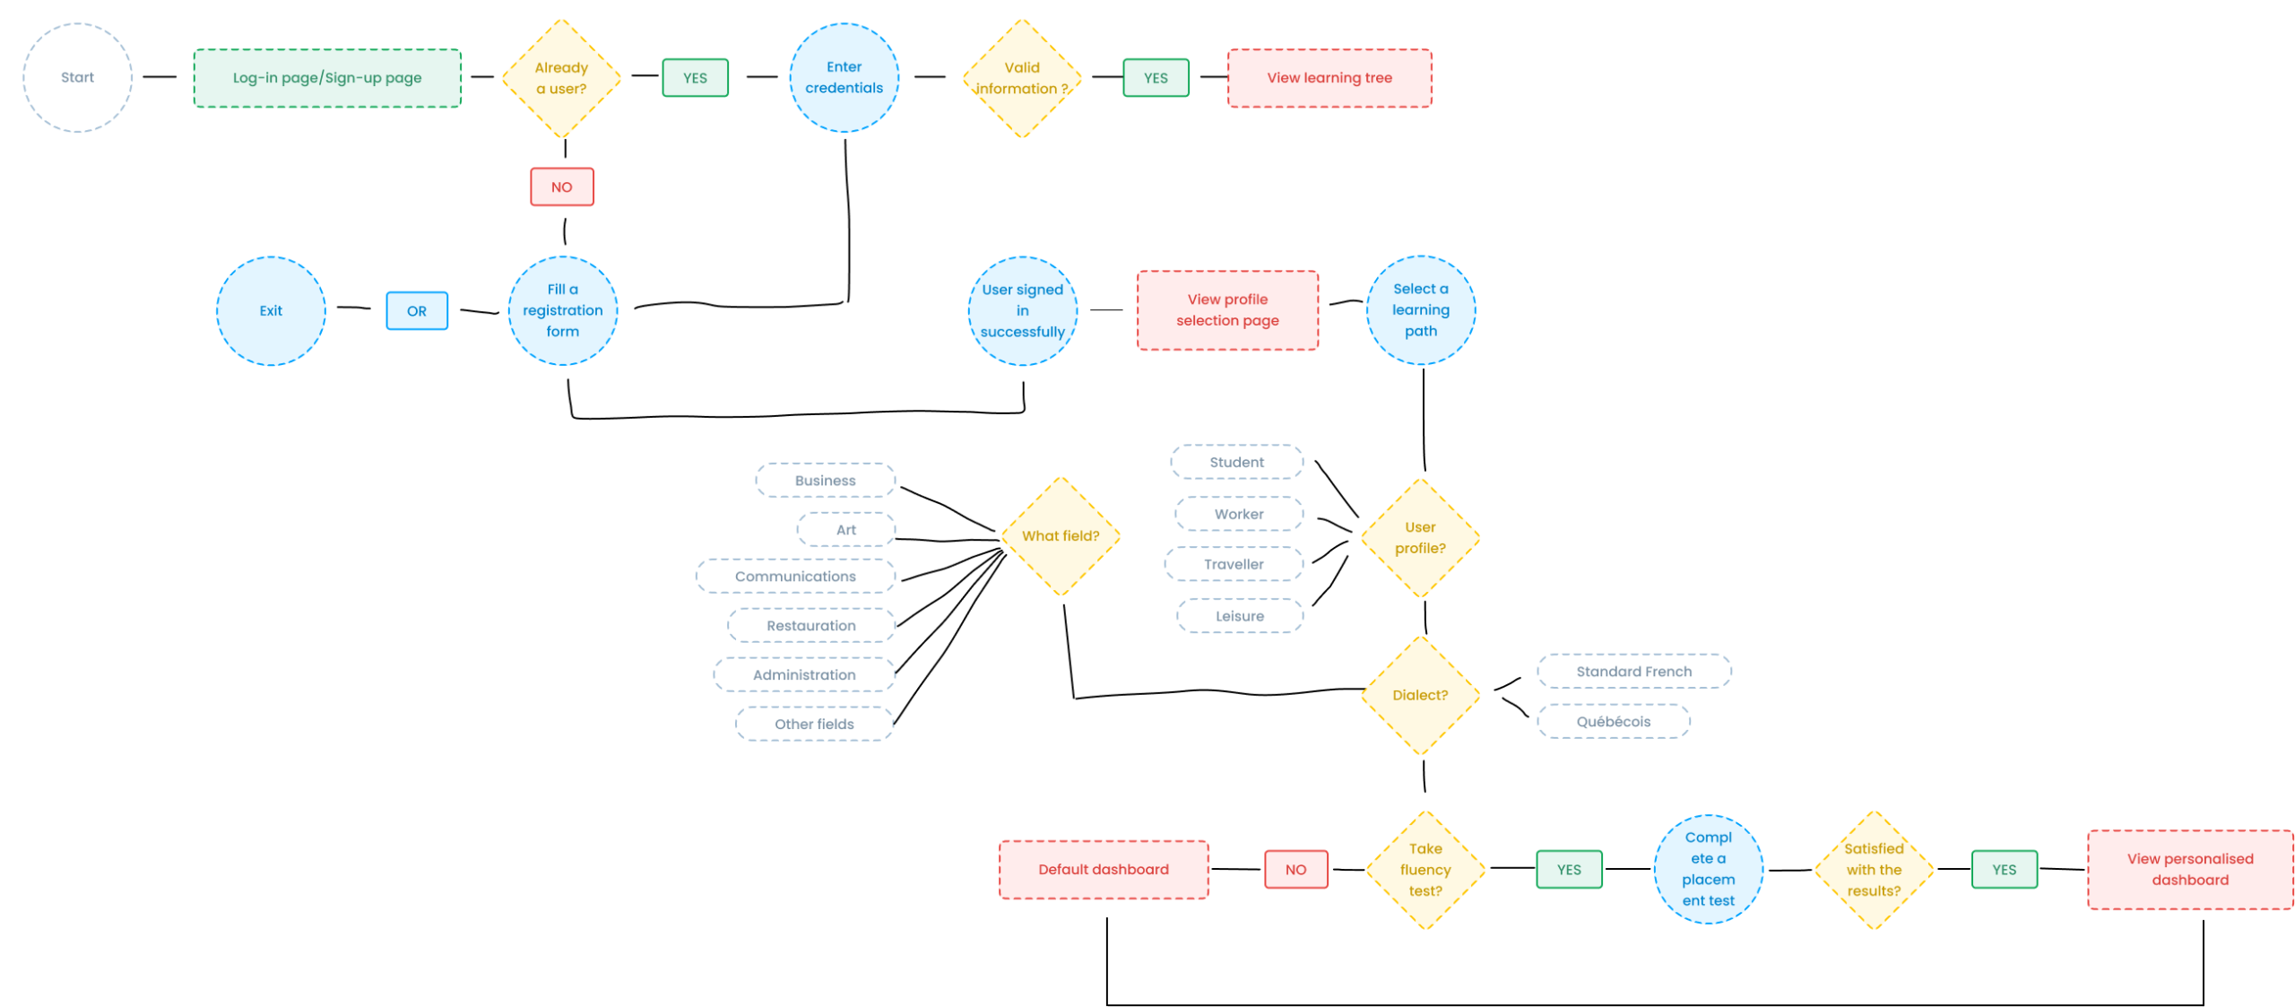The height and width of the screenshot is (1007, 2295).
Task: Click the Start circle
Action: (x=77, y=78)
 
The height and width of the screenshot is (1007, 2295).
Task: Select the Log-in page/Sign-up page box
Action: (x=327, y=78)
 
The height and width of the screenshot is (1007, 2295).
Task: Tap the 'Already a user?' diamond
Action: (x=561, y=78)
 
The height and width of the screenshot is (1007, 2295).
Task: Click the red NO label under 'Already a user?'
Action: (x=561, y=187)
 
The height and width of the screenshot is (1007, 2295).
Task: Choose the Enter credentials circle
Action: (x=844, y=78)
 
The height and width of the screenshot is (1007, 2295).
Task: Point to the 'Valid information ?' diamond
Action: (x=1022, y=78)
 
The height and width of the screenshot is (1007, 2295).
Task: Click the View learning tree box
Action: (x=1329, y=78)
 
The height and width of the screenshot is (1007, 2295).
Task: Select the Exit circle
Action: (x=271, y=311)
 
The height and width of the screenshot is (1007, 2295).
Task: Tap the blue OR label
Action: (x=417, y=311)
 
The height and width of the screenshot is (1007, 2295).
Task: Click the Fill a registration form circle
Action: (x=562, y=311)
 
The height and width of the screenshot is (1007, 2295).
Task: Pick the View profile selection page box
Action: (x=1227, y=310)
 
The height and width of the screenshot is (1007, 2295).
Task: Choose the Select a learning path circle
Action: (x=1420, y=310)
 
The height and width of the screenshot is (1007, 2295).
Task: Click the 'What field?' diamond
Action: (x=1061, y=536)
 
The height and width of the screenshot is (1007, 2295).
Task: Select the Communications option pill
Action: (x=795, y=576)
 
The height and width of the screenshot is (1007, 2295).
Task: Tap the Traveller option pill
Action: (x=1234, y=564)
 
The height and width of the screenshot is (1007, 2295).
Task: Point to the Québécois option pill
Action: (x=1613, y=721)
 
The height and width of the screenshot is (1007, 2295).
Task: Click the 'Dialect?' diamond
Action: (x=1420, y=695)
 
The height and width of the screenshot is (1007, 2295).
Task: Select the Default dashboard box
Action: (x=1104, y=869)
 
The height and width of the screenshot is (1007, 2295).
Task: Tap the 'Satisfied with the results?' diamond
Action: (x=1874, y=870)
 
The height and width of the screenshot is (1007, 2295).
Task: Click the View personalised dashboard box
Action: (x=2189, y=869)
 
